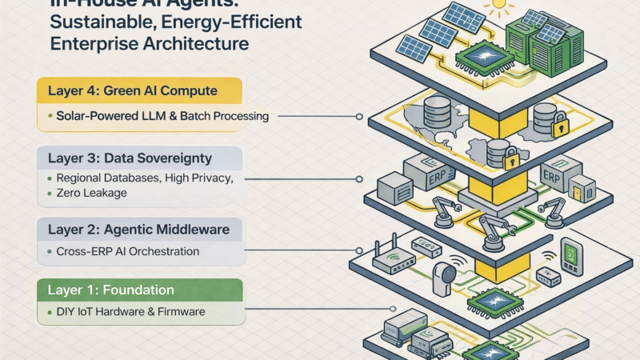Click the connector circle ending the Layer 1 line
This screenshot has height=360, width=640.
pyautogui.click(x=352, y=310)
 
